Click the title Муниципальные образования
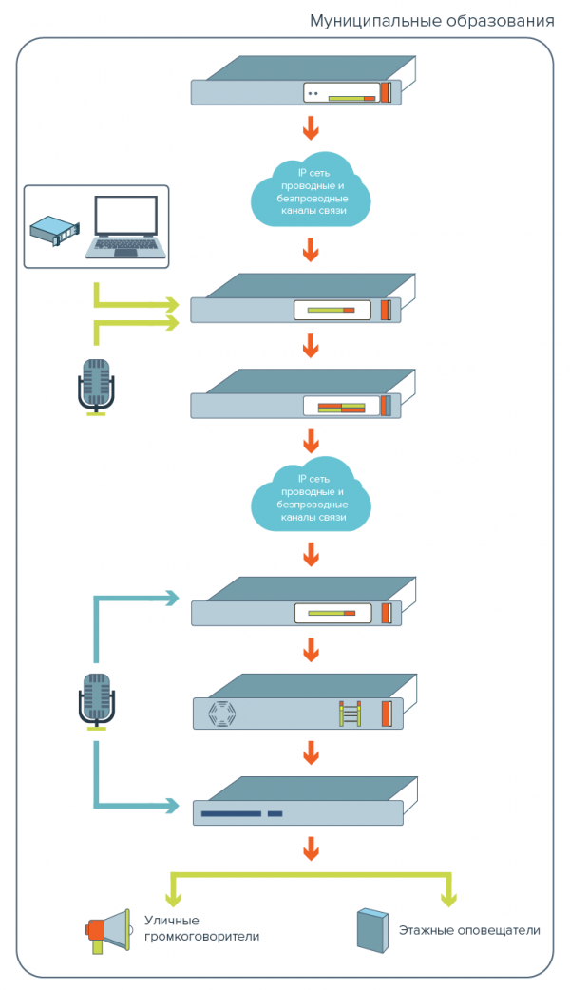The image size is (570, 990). [431, 20]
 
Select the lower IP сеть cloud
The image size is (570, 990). [310, 499]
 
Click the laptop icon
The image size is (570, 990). [124, 228]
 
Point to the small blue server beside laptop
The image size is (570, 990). [55, 230]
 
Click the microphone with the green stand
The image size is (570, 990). [95, 386]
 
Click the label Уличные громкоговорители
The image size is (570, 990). [201, 928]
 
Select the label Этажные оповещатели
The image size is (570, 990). [469, 930]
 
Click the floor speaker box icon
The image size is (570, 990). [370, 930]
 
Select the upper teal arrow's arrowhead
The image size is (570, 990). [172, 598]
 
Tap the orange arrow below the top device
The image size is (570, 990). [310, 128]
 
